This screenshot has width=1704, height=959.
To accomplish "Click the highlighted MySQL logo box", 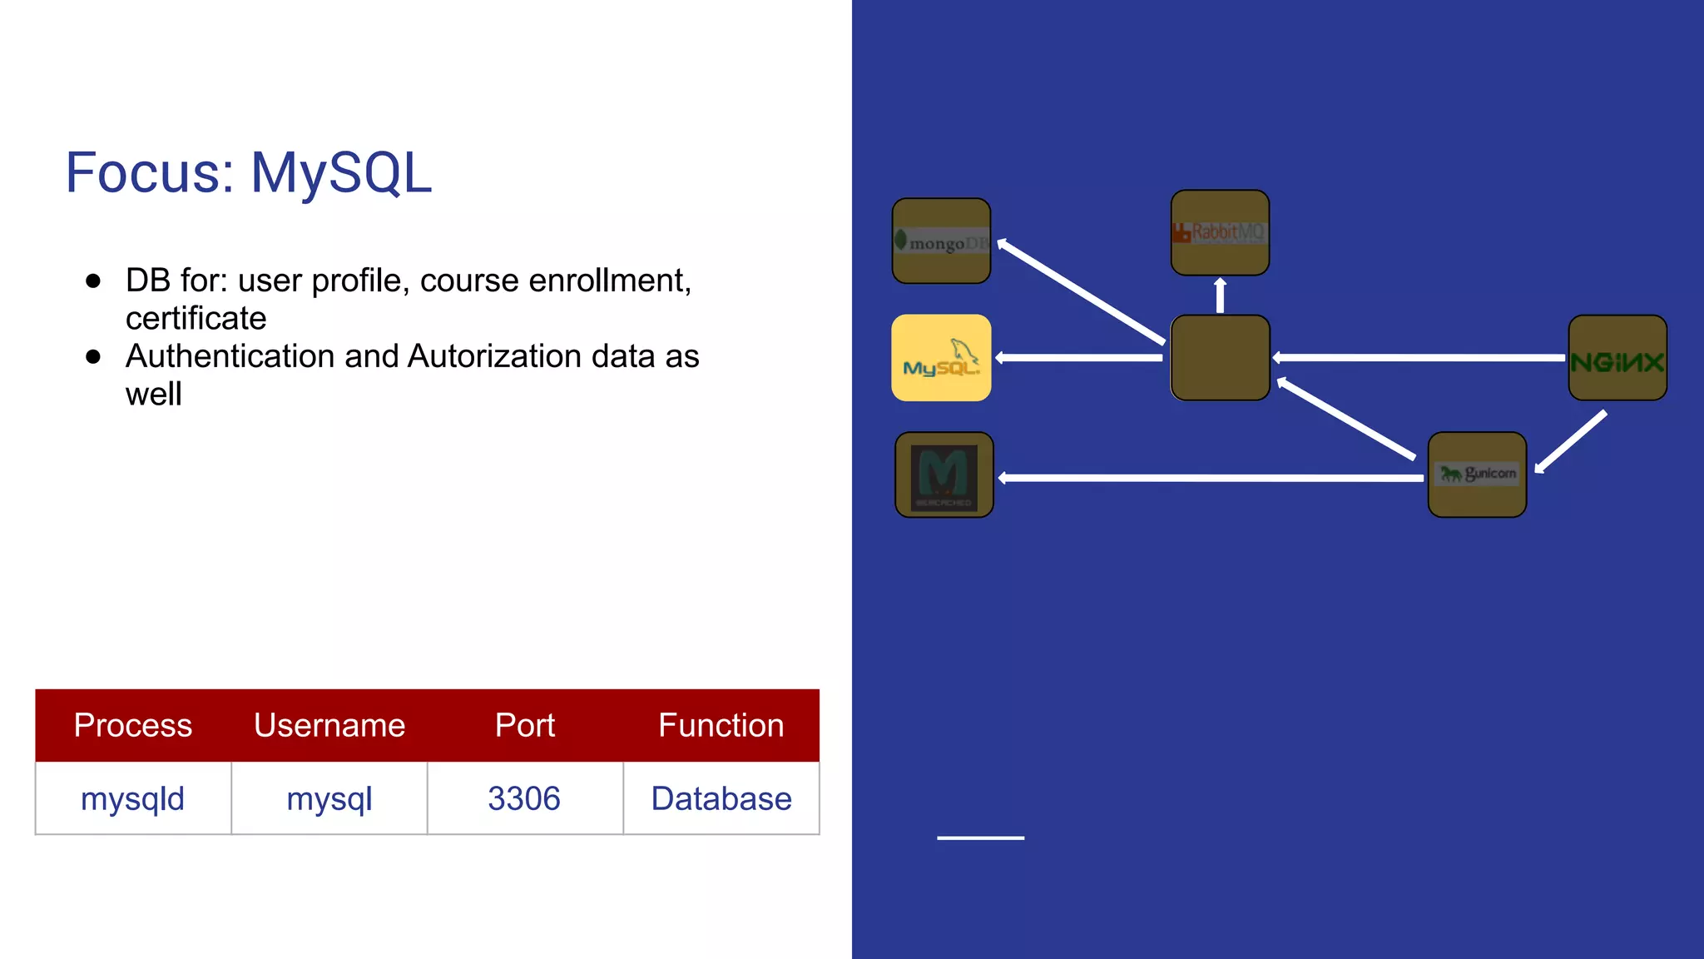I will point(941,358).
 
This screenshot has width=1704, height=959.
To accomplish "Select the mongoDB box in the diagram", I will point(941,241).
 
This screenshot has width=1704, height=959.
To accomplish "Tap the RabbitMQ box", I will point(1220,232).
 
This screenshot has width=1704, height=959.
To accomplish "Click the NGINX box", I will point(1617,358).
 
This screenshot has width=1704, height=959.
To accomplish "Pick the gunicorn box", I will point(1477,475).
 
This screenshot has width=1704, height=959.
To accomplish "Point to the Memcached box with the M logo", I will point(944,475).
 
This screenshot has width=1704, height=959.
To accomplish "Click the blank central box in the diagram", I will point(1220,358).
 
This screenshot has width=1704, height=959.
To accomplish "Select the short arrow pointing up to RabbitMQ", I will point(1220,296).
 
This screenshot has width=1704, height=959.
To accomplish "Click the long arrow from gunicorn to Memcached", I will point(1211,478).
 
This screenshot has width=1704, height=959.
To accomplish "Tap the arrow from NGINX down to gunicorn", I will point(1571,442).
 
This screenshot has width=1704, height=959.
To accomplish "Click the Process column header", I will point(133,725).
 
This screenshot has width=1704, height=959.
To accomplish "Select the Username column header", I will point(329,725).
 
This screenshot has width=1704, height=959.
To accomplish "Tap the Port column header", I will point(525,725).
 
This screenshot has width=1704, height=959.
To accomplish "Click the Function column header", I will point(721,725).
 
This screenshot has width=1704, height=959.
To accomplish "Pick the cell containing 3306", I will point(525,798).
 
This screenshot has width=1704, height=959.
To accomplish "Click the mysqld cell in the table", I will point(133,798).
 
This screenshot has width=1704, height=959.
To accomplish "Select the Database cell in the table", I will point(721,798).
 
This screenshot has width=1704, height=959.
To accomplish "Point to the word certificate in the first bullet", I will point(196,319).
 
